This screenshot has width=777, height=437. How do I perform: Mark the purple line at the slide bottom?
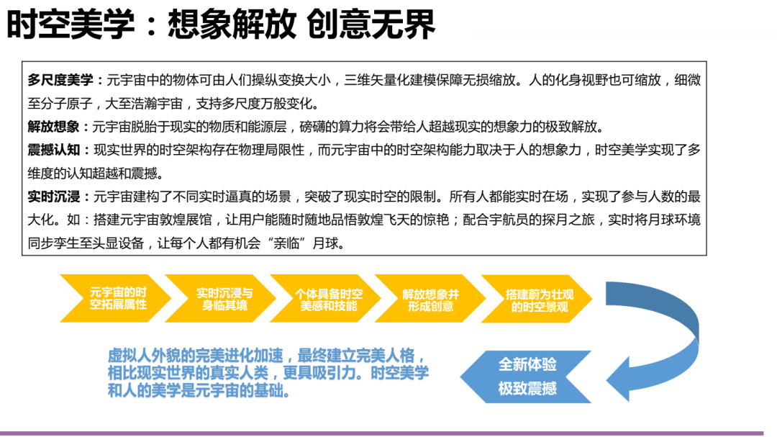pos(388,433)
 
